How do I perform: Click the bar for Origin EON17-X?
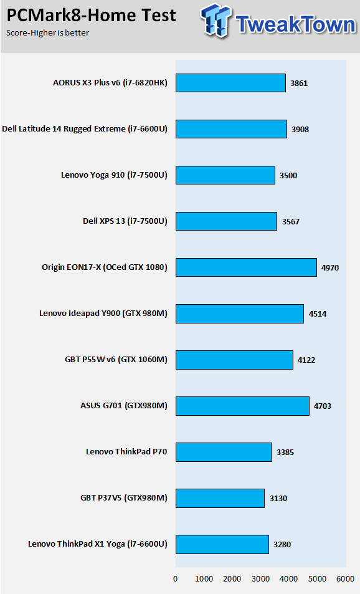246,267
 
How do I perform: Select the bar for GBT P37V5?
220,498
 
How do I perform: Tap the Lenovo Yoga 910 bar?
225,175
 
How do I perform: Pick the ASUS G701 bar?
242,406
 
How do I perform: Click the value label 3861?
299,84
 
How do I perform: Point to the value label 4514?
317,314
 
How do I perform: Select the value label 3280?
282,544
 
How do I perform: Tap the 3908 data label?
300,130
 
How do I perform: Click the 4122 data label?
306,360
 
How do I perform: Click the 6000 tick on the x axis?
345,579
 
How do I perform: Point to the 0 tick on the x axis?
175,579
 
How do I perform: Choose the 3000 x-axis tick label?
260,579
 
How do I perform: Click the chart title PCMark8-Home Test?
91,16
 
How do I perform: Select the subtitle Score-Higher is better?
48,33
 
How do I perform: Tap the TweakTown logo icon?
216,21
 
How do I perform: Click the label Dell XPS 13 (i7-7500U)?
125,221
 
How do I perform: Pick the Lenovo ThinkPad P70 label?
126,451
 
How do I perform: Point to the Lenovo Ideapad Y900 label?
103,314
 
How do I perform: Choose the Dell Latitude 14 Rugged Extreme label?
85,129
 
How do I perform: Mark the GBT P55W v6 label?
116,360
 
